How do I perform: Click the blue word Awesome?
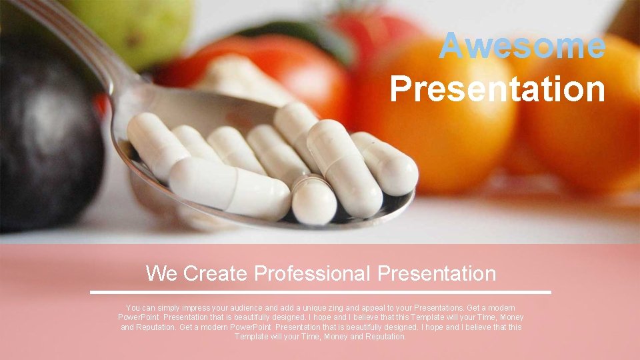(522, 46)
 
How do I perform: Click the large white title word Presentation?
(497, 89)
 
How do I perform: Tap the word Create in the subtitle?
(215, 273)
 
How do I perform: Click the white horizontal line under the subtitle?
(320, 292)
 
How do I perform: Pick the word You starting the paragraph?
(133, 308)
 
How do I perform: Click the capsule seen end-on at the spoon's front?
(313, 200)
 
